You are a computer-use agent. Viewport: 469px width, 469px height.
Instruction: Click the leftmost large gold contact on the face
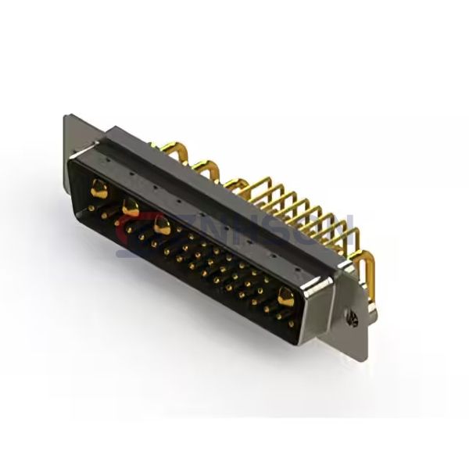coord(100,188)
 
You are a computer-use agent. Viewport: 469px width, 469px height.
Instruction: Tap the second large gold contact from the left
coord(131,207)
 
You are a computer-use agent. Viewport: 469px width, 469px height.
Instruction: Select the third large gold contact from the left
coord(163,227)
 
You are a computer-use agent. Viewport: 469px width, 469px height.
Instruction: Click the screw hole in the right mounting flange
coord(353,316)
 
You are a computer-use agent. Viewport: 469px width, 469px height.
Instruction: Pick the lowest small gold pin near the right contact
coord(291,321)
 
